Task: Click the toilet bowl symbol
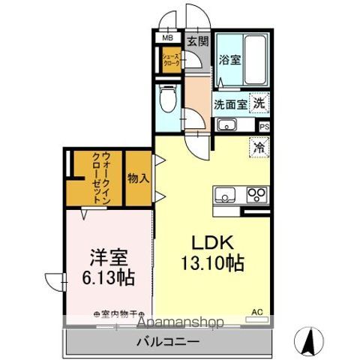[168, 98]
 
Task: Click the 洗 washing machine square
[259, 105]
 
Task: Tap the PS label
[264, 127]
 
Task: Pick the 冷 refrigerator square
[259, 147]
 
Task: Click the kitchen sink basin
[224, 195]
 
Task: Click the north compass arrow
[307, 340]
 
